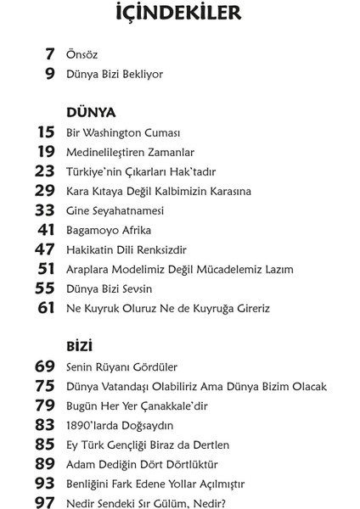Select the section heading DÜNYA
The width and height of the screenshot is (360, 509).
click(91, 112)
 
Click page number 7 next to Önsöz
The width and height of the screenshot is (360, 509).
click(50, 54)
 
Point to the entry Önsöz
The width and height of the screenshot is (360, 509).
click(82, 55)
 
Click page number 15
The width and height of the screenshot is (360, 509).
click(46, 132)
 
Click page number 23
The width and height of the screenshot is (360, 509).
click(45, 171)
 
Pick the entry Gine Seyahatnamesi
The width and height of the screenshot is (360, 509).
click(114, 210)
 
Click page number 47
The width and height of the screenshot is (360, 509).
click(45, 249)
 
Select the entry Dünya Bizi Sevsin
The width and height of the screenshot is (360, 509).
click(109, 288)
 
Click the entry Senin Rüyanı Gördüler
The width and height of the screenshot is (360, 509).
click(121, 367)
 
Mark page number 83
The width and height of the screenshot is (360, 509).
click(45, 425)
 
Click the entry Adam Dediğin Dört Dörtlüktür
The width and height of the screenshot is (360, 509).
click(142, 464)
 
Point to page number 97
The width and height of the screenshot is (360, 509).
click(45, 502)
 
